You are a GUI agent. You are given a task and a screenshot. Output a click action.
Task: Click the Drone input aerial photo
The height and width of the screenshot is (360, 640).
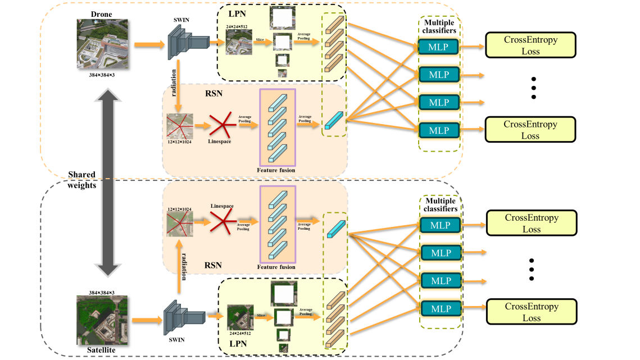102,44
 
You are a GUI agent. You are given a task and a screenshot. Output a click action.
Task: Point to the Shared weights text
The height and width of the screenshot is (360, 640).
82,180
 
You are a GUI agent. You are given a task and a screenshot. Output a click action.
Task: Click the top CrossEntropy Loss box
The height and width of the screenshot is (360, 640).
530,45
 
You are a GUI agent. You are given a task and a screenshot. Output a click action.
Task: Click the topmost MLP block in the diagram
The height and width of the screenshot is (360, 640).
438,47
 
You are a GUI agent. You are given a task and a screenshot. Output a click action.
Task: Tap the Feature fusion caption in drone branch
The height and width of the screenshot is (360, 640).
276,170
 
